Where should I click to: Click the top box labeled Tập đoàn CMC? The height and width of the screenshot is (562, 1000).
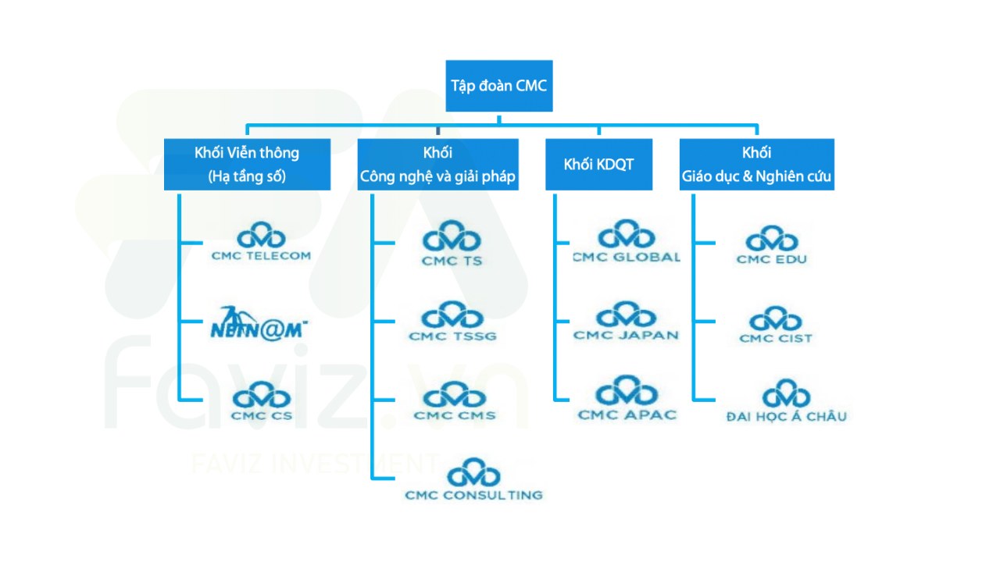pyautogui.click(x=499, y=85)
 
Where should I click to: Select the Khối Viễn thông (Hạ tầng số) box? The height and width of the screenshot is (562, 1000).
pyautogui.click(x=247, y=164)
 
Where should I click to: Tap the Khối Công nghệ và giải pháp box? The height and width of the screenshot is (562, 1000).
pyautogui.click(x=437, y=164)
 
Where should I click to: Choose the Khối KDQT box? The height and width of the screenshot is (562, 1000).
pyautogui.click(x=598, y=164)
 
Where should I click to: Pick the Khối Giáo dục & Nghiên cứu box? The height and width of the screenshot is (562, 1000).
pyautogui.click(x=756, y=164)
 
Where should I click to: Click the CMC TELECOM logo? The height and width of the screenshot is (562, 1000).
pyautogui.click(x=261, y=243)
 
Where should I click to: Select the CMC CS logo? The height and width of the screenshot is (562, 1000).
pyautogui.click(x=261, y=402)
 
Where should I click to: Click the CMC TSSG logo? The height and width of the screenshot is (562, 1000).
pyautogui.click(x=452, y=322)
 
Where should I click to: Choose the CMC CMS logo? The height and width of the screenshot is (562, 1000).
pyautogui.click(x=454, y=401)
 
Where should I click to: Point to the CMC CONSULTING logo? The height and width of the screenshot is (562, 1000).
pyautogui.click(x=473, y=481)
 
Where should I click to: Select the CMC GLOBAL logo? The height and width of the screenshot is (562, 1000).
pyautogui.click(x=626, y=242)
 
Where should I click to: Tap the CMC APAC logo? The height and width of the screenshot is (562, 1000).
pyautogui.click(x=626, y=399)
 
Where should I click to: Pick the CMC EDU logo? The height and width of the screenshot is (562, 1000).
pyautogui.click(x=771, y=246)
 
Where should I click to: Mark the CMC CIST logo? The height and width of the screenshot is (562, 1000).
pyautogui.click(x=775, y=326)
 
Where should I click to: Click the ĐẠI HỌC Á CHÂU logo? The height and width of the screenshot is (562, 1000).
pyautogui.click(x=785, y=402)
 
